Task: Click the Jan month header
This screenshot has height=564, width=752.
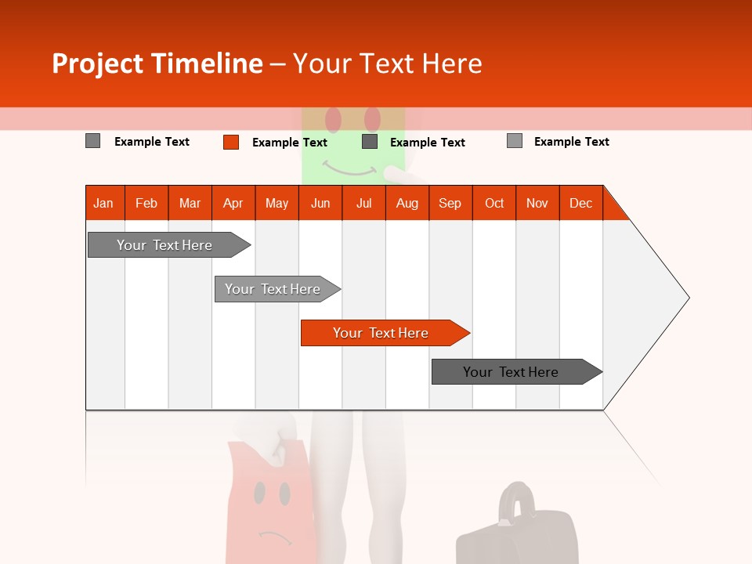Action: tap(104, 203)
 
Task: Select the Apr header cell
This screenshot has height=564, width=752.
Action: tap(233, 203)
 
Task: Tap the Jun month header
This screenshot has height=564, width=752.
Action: tap(320, 203)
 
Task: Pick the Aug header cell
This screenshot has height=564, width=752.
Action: tap(407, 203)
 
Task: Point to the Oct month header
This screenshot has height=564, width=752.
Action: tap(494, 203)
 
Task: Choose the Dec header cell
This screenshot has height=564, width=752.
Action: tap(580, 203)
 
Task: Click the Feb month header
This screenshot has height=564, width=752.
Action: tap(146, 203)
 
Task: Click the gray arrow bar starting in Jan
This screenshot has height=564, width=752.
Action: tap(165, 245)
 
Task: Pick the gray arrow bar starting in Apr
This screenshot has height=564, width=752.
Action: tap(273, 289)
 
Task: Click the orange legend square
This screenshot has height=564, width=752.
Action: tap(231, 142)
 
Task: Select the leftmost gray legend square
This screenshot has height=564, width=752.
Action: tap(93, 141)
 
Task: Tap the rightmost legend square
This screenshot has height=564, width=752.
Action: tap(515, 141)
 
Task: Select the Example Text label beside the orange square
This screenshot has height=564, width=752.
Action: tap(290, 143)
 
